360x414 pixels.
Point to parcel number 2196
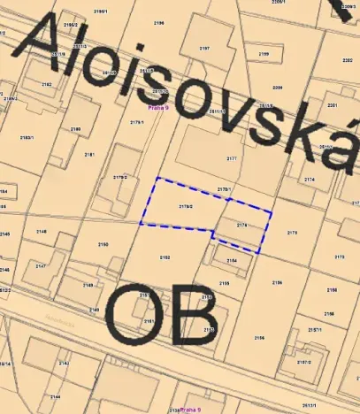pyautogui.click(x=159, y=22)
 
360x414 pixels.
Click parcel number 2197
pyautogui.click(x=204, y=49)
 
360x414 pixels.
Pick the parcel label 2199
pyautogui.click(x=264, y=55)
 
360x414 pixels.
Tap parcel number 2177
pyautogui.click(x=232, y=158)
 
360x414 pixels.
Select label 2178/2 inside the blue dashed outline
pyautogui.click(x=186, y=206)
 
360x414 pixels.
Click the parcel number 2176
pyautogui.click(x=242, y=226)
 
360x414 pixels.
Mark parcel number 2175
pyautogui.click(x=292, y=232)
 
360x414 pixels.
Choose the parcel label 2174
pyautogui.click(x=309, y=180)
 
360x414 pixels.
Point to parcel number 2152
pyautogui.click(x=165, y=257)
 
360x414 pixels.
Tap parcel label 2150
pyautogui.click(x=103, y=244)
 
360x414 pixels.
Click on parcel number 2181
pyautogui.click(x=89, y=154)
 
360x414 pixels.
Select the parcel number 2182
pyautogui.click(x=46, y=85)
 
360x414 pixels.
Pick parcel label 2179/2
pyautogui.click(x=120, y=178)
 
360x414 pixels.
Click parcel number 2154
pyautogui.click(x=232, y=261)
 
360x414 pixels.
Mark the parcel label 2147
pyautogui.click(x=41, y=265)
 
